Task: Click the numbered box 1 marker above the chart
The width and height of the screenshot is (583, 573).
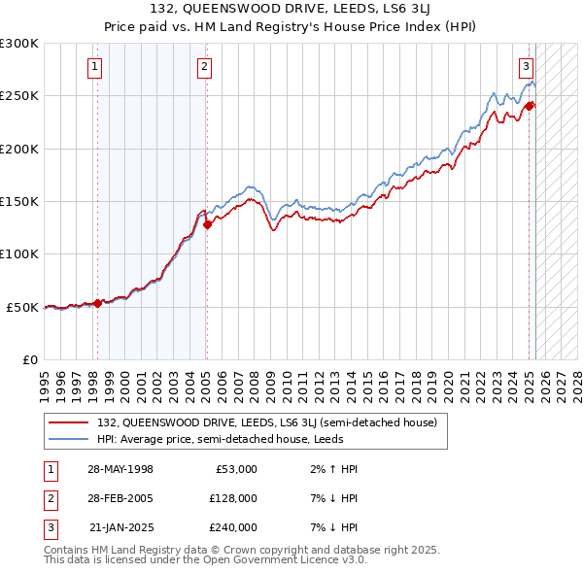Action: coord(95,67)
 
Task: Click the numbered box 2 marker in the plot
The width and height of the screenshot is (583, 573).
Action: coord(205,67)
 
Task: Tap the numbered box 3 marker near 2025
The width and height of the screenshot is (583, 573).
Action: coord(526,67)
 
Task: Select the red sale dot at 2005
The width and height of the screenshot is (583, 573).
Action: coord(207,224)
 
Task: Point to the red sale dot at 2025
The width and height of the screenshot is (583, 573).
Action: coord(530,106)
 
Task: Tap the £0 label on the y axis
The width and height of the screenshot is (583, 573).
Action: coord(30,359)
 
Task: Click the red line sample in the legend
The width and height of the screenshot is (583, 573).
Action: coord(69,423)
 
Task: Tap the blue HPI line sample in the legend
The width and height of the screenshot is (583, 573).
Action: coord(69,439)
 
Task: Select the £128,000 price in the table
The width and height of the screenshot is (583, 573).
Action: coord(232,498)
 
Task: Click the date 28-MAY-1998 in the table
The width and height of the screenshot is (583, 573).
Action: coord(120,469)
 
